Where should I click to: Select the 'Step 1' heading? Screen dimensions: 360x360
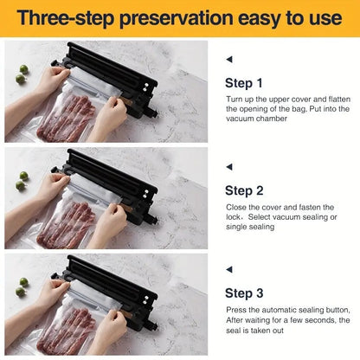pyautogui.click(x=243, y=84)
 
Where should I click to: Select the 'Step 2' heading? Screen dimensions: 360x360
pyautogui.click(x=243, y=190)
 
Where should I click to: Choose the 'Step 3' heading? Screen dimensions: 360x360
pyautogui.click(x=243, y=293)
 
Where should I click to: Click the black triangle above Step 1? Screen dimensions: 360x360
pyautogui.click(x=228, y=60)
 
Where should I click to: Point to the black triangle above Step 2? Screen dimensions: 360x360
pyautogui.click(x=228, y=165)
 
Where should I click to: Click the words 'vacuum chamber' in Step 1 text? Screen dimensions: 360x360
pyautogui.click(x=260, y=119)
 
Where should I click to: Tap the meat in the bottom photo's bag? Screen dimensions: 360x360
pyautogui.click(x=69, y=329)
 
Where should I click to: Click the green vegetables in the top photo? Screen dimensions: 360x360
pyautogui.click(x=22, y=74)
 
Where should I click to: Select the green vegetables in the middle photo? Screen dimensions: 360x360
pyautogui.click(x=22, y=180)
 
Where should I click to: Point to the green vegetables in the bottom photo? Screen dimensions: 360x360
pyautogui.click(x=22, y=286)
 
